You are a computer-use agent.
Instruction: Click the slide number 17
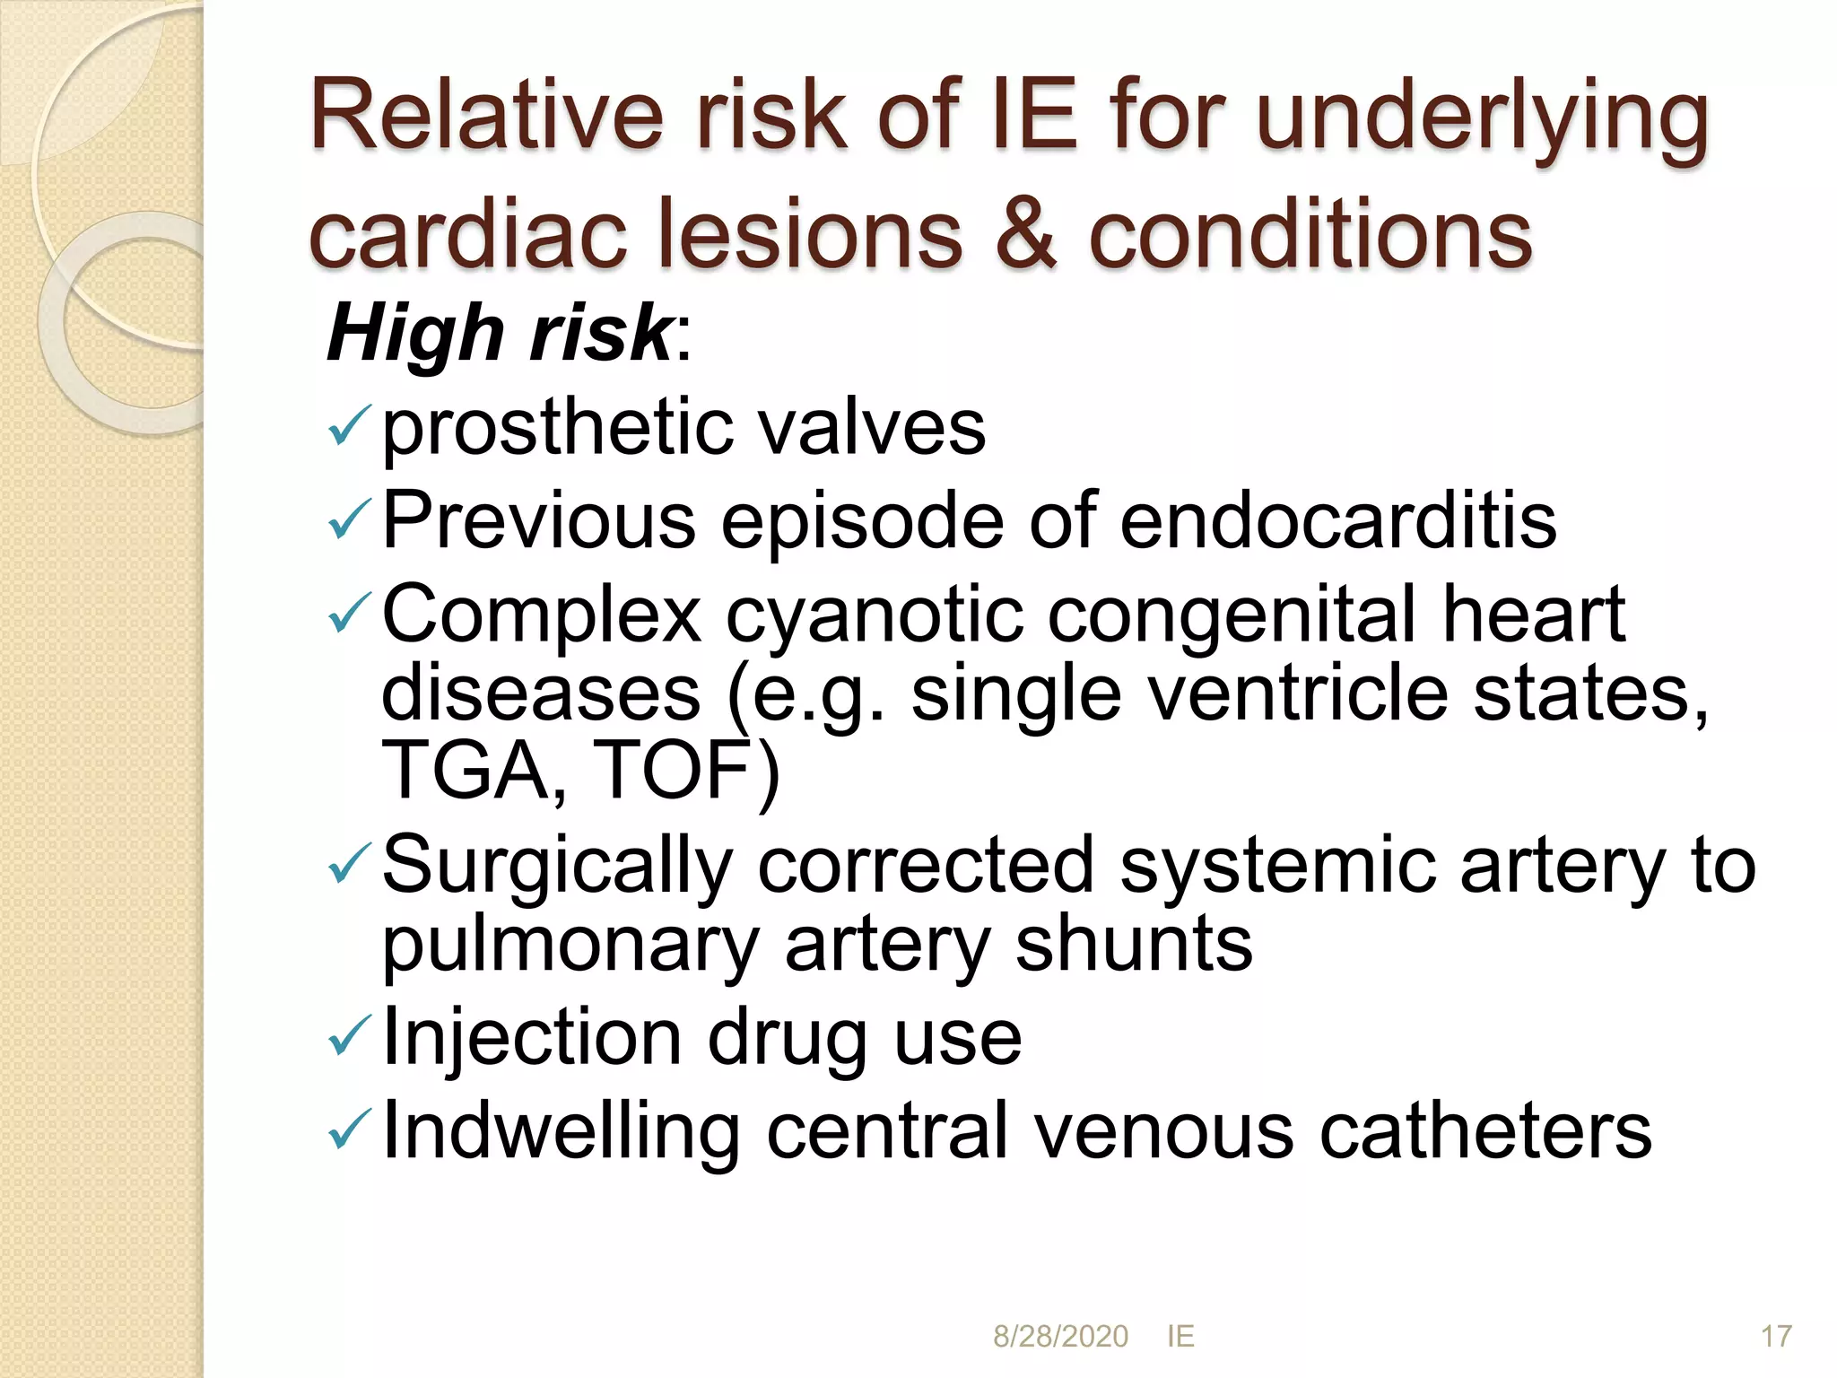click(x=1776, y=1336)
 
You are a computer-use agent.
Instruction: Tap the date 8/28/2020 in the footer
click(x=1060, y=1336)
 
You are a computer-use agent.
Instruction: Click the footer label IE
click(x=1180, y=1336)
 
